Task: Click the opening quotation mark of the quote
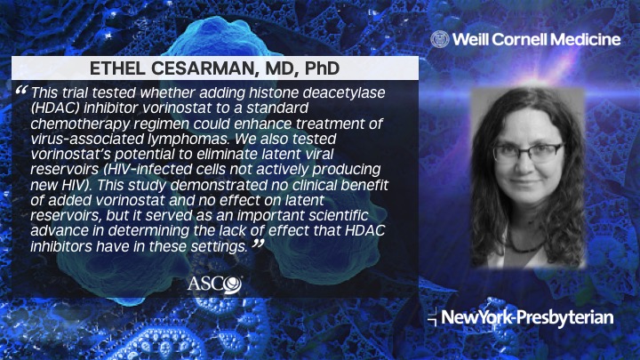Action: click(21, 92)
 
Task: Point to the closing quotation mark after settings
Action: click(258, 244)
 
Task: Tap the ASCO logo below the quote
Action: click(214, 284)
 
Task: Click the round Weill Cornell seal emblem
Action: click(439, 38)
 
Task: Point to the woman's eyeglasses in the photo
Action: click(527, 151)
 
